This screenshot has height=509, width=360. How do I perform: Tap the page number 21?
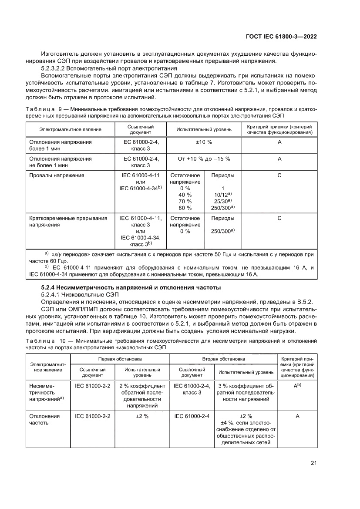coord(313,463)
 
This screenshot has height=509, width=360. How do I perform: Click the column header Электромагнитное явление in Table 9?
coord(70,129)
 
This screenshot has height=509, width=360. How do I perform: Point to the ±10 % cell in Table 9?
coord(203,142)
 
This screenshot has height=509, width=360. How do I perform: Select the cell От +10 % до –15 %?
coord(203,159)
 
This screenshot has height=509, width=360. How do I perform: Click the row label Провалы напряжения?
coord(56,175)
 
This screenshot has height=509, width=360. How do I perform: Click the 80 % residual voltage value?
coord(185,208)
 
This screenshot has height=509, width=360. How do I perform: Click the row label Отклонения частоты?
coord(44,419)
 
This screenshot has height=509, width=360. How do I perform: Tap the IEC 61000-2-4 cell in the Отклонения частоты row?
coord(192,416)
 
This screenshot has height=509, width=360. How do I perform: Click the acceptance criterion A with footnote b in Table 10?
coord(297,386)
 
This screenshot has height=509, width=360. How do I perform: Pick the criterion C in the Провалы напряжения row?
coord(279,175)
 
